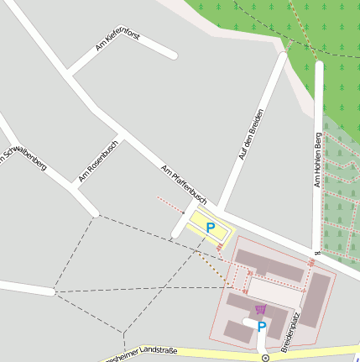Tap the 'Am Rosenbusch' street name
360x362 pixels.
pos(98,160)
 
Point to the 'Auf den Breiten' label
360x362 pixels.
pos(252,134)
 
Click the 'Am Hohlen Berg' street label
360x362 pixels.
pos(317,160)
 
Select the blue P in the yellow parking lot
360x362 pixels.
pos(210,228)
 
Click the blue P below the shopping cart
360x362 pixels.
pos(261,328)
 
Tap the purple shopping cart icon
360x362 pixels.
pos(260,309)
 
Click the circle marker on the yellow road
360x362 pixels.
pos(265,358)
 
